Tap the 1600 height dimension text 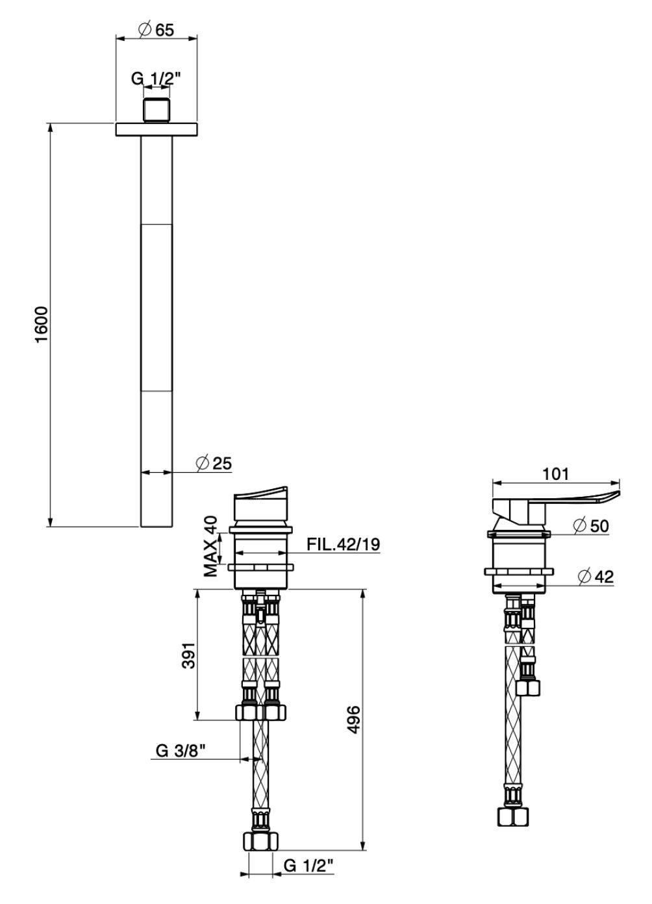point(42,325)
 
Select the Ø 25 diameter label point(214,463)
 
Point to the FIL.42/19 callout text point(344,544)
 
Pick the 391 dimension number point(188,655)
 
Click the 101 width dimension point(555,474)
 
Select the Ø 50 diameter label point(591,525)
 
